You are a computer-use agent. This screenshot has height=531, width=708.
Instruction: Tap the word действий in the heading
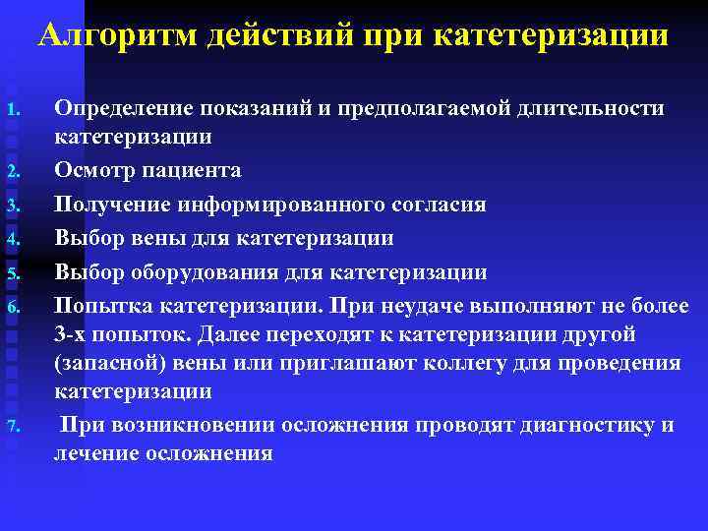(278, 36)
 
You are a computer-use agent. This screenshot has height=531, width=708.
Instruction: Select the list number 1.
(14, 108)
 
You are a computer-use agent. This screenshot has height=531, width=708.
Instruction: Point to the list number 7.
(14, 426)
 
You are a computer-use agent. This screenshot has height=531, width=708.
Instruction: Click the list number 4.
(14, 238)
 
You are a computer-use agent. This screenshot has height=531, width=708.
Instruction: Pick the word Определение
(122, 107)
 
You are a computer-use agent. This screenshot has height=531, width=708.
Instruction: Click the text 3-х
(75, 334)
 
